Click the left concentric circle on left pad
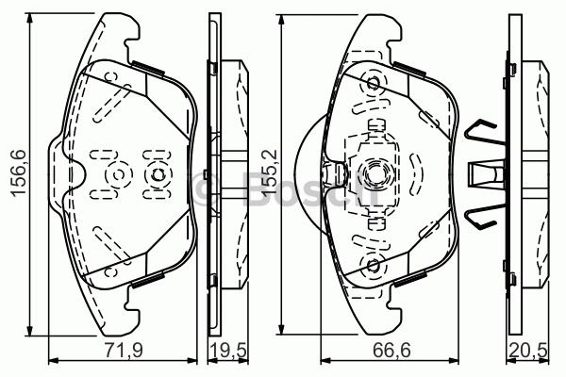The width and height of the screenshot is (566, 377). (117, 175)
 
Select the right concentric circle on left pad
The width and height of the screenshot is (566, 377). (157, 175)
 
